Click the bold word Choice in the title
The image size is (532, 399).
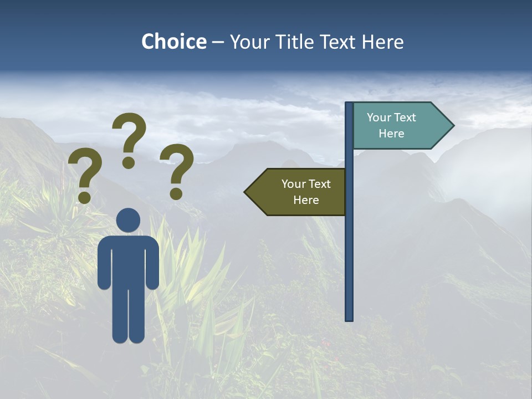click(x=173, y=42)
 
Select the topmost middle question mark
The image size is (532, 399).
click(x=129, y=136)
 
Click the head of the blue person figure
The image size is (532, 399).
click(x=129, y=221)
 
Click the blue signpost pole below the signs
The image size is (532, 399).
click(x=349, y=266)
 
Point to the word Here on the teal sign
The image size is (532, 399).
click(x=391, y=134)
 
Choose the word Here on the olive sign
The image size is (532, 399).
click(x=306, y=200)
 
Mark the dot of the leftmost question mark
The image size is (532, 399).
click(x=84, y=197)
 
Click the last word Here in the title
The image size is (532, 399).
click(x=383, y=42)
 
